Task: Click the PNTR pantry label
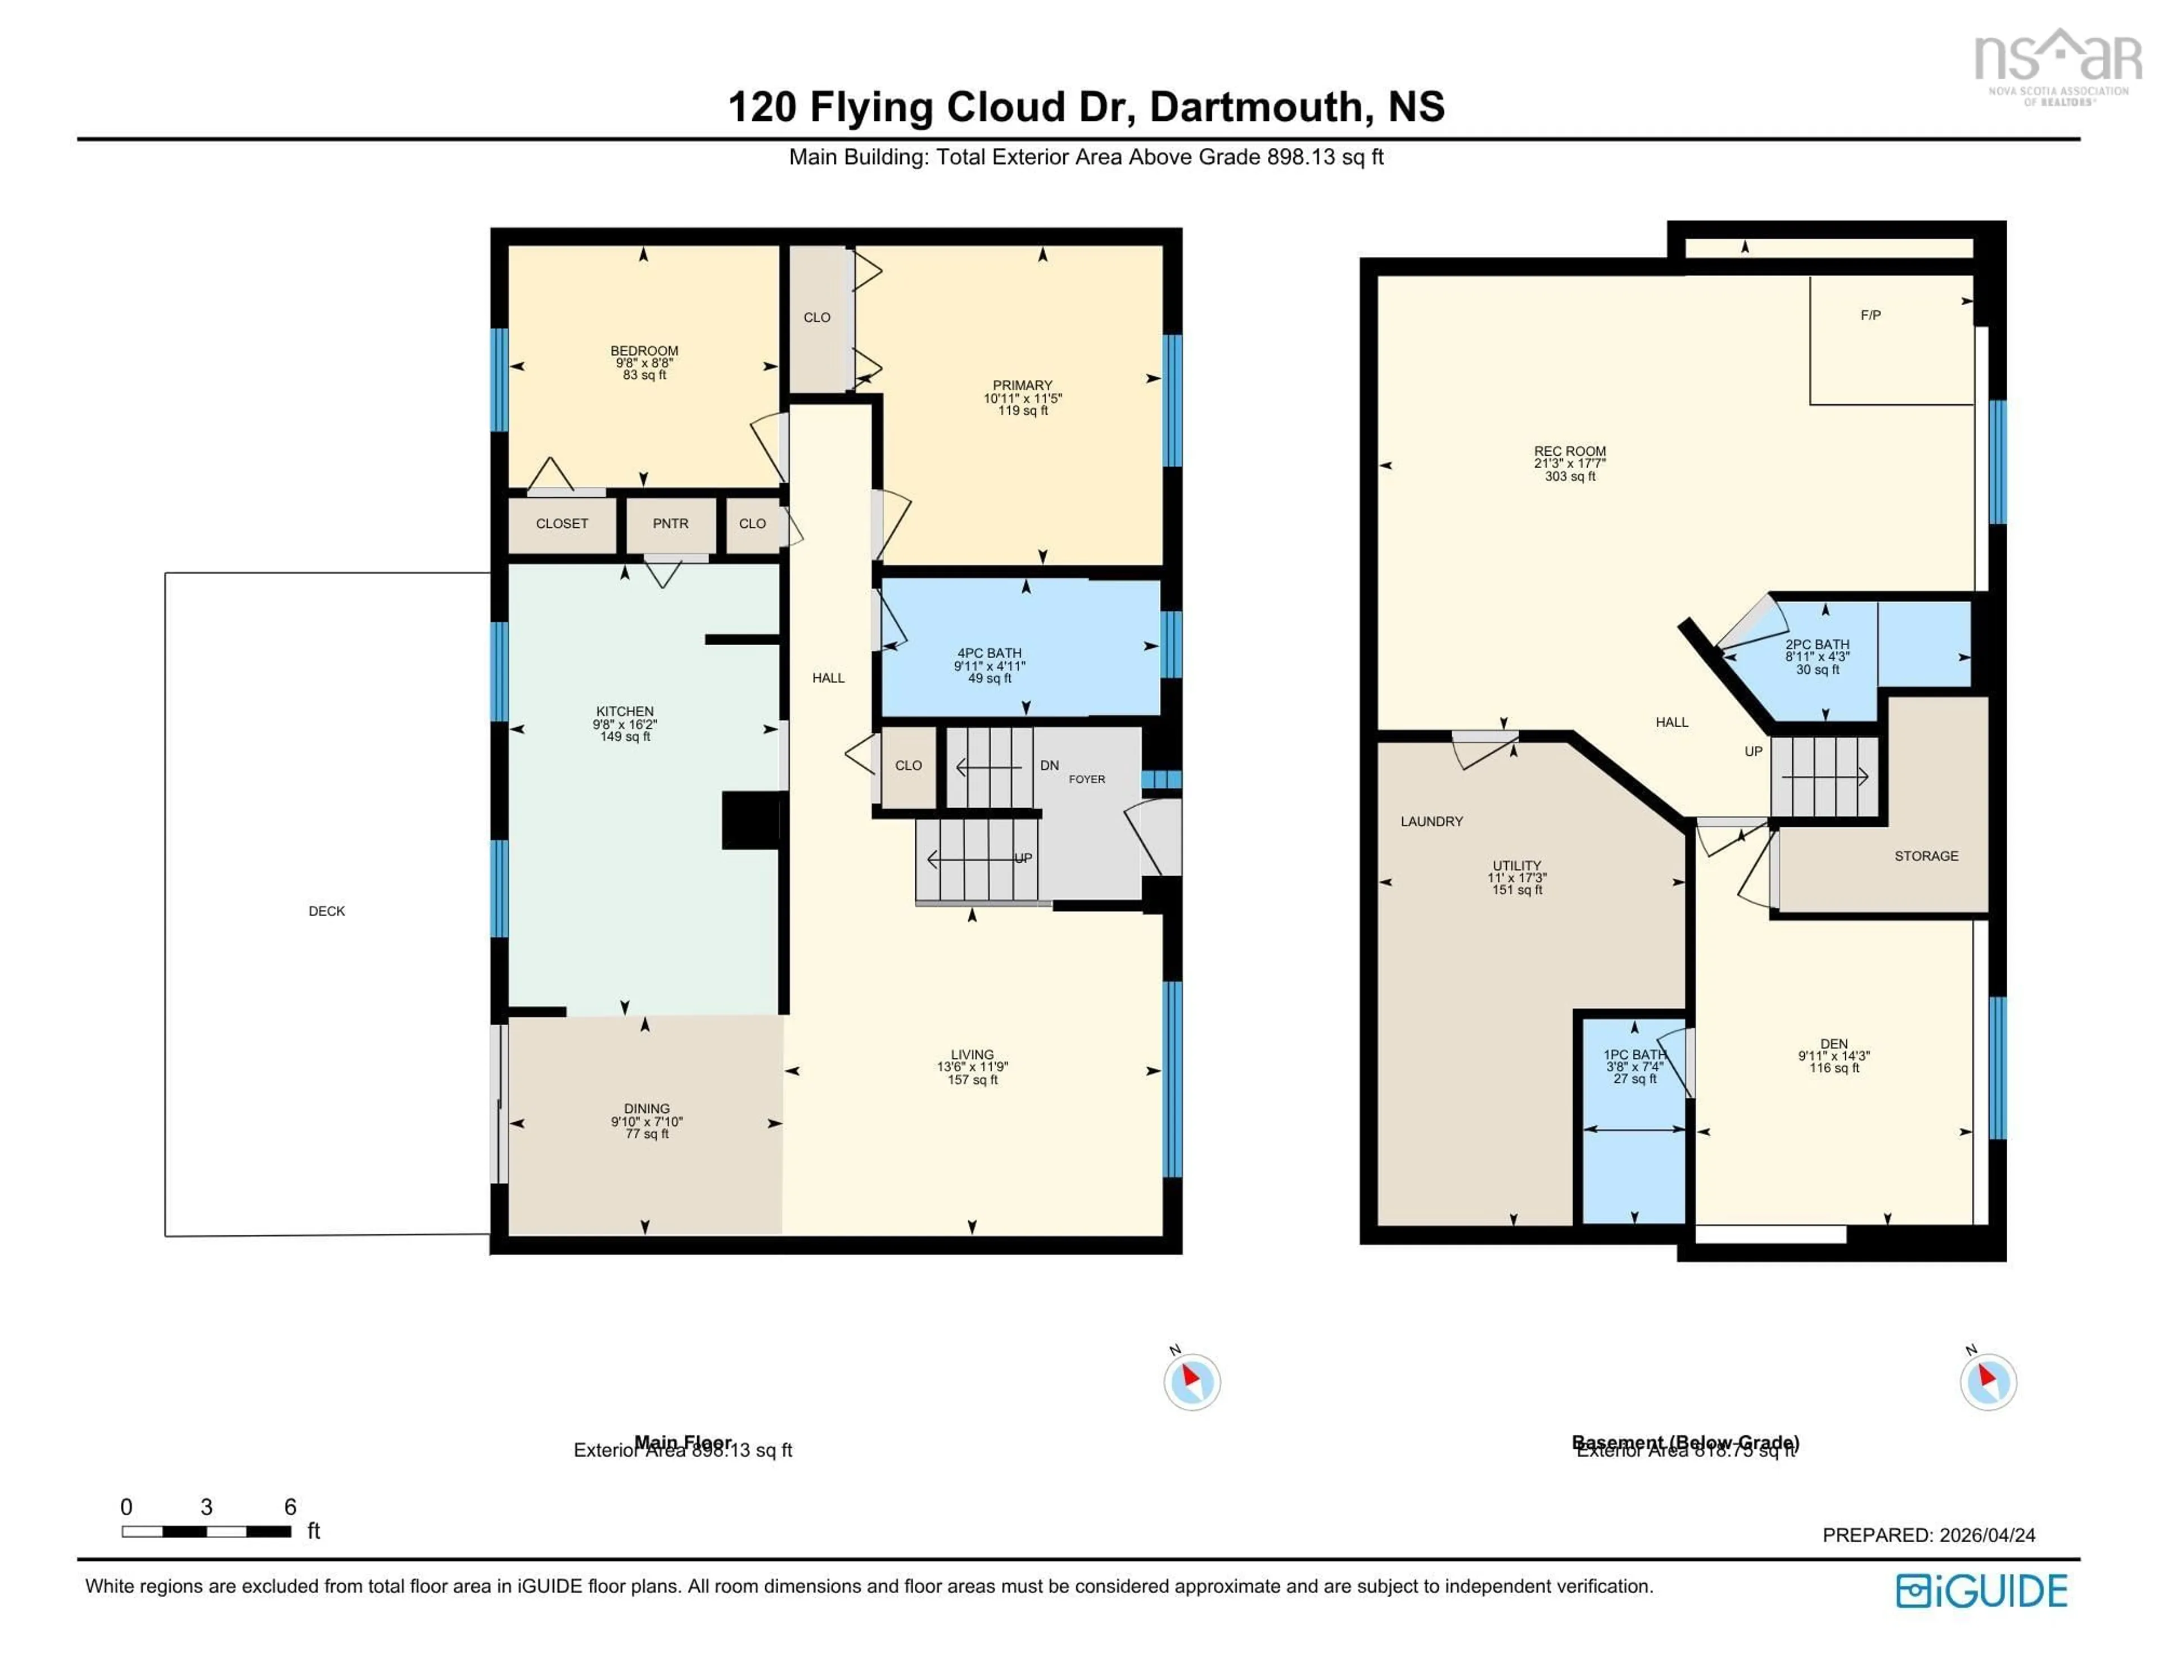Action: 670,524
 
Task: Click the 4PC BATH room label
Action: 988,653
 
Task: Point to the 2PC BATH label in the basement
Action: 1817,644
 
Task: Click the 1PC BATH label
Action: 1634,1054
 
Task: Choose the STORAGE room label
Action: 1926,856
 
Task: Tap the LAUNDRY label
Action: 1431,821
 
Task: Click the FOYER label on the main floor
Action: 1086,779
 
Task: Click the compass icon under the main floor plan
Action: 1191,1381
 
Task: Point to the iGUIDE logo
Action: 1981,1591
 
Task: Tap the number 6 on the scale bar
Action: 290,1507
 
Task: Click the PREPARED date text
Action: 1928,1535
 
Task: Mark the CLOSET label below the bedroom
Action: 562,524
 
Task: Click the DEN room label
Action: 1834,1044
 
